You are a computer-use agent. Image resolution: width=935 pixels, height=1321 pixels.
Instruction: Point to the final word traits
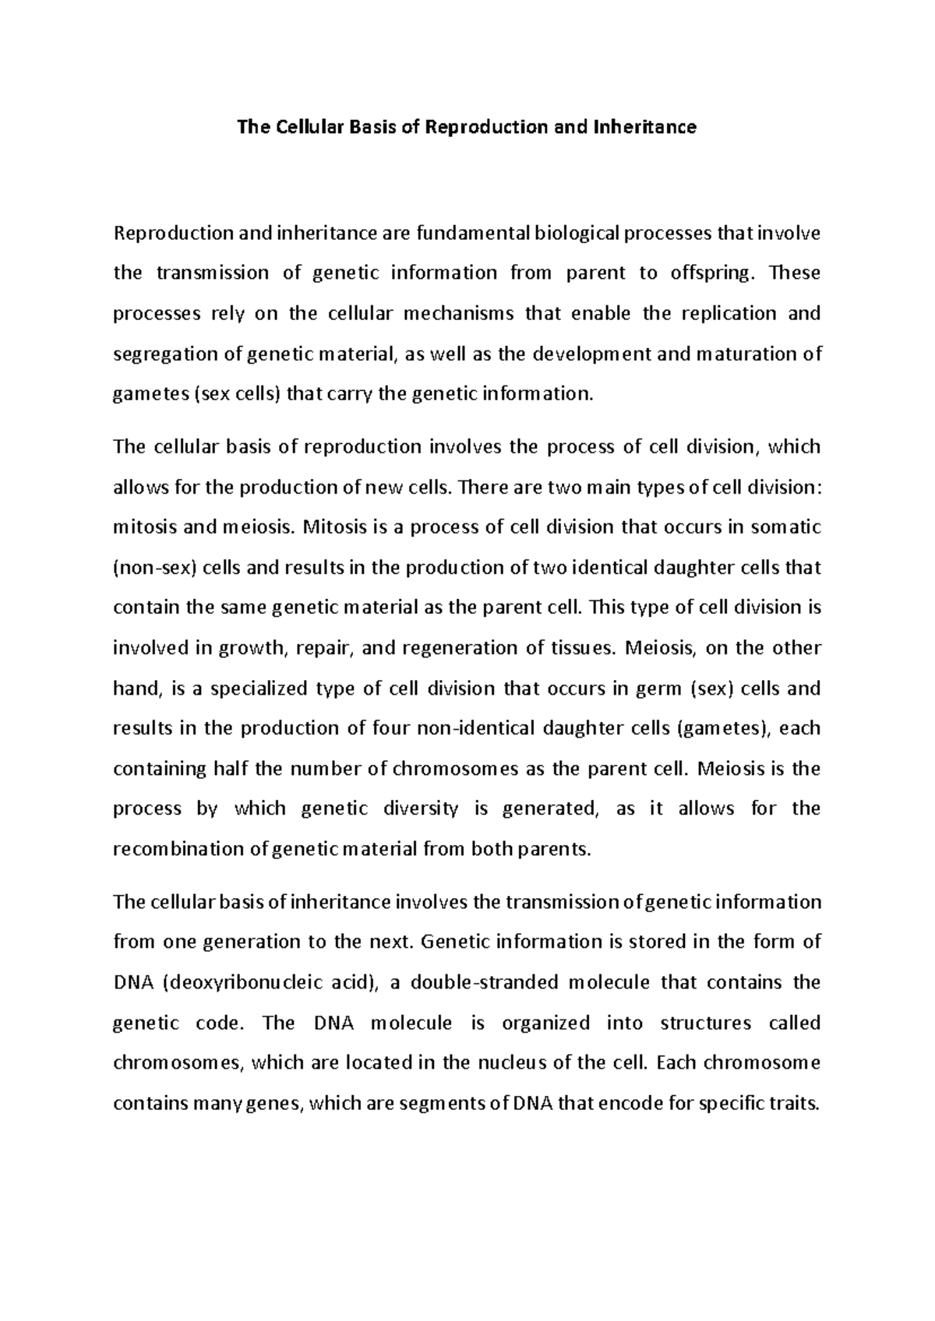point(795,1104)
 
